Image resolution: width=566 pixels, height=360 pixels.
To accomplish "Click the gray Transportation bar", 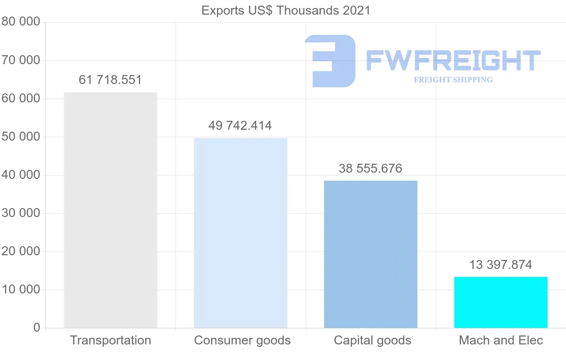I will click(110, 210).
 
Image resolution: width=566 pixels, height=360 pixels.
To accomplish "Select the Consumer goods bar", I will click(241, 233).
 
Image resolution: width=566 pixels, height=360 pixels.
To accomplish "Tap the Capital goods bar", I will click(371, 254).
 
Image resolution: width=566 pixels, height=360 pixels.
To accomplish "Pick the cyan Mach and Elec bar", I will click(501, 302).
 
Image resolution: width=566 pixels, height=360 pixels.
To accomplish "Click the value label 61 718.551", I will click(110, 80).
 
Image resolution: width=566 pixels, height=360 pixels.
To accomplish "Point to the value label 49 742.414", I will click(240, 126).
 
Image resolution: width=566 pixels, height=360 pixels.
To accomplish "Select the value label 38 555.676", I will click(371, 168).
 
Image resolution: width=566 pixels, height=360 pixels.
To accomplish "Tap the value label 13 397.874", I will click(501, 265).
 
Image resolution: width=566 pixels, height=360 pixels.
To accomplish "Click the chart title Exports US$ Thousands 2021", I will click(286, 10).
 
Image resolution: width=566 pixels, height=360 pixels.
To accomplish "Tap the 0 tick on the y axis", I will click(37, 328).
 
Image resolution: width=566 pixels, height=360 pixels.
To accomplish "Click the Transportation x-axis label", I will click(110, 340).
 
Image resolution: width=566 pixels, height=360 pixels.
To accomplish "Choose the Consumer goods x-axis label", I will click(242, 340).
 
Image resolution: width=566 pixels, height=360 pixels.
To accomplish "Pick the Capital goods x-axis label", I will click(373, 340).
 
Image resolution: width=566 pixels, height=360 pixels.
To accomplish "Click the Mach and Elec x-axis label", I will click(501, 340).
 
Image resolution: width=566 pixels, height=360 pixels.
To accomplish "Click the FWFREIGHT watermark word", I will click(453, 60).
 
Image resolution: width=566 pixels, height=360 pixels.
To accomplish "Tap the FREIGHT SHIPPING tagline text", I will click(453, 80).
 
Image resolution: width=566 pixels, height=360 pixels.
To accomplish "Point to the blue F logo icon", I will click(330, 61).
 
